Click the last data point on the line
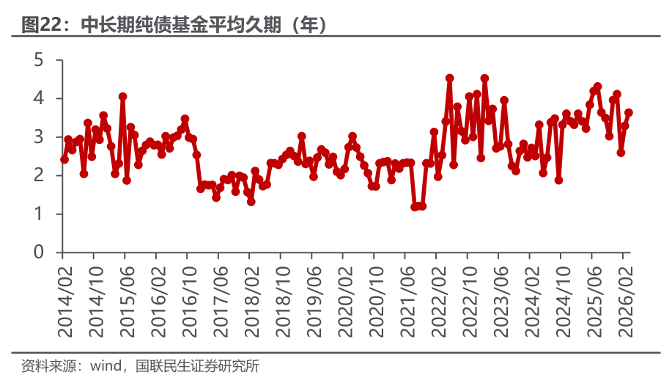point(629,112)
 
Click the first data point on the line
point(64,159)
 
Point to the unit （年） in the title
point(308,26)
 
